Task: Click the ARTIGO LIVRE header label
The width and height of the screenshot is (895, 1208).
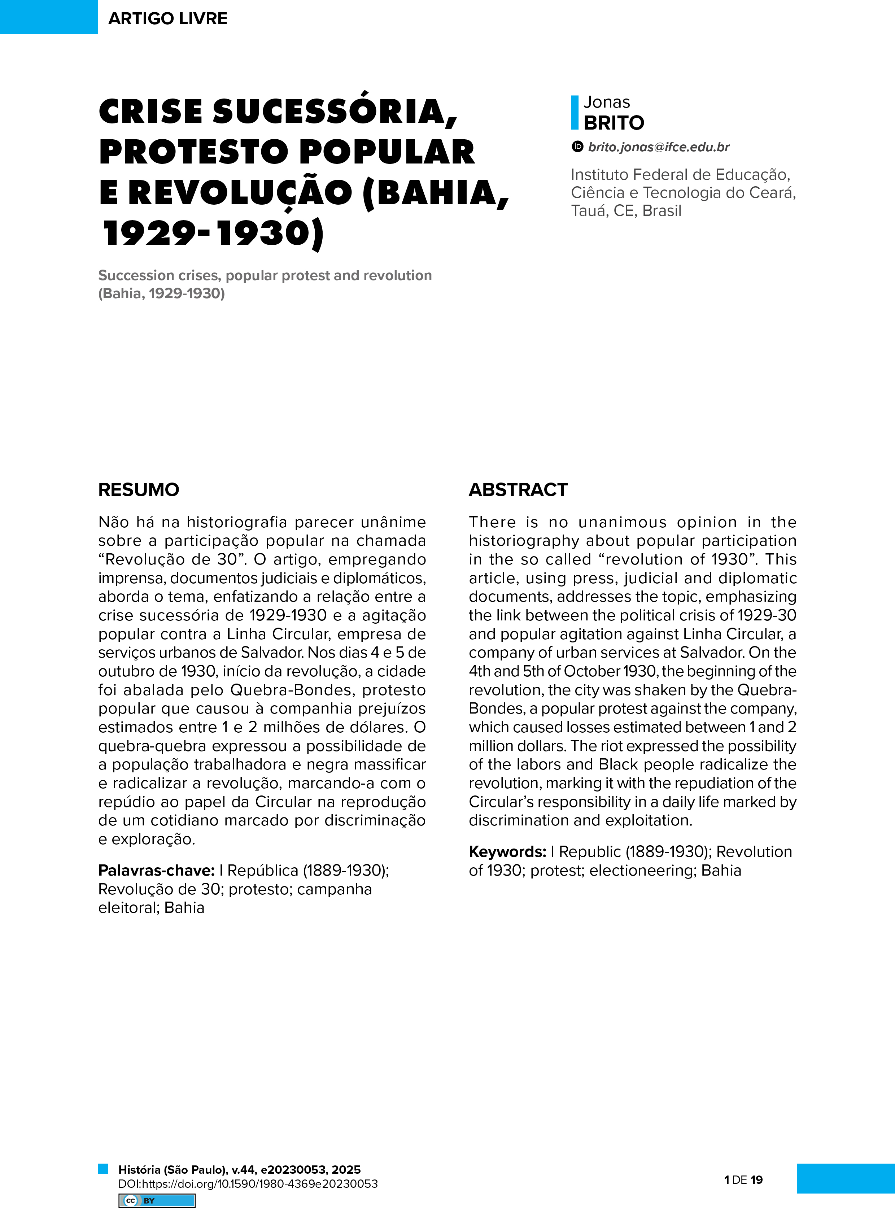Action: point(167,18)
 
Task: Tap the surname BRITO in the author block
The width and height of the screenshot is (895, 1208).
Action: point(614,123)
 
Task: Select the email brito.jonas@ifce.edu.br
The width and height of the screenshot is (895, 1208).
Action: point(659,147)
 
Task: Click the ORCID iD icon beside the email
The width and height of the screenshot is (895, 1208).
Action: point(577,146)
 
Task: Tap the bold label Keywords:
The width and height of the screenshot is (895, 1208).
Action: point(507,851)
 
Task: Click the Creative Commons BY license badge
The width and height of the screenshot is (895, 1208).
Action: point(157,1200)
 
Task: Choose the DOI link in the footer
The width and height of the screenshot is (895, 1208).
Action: point(248,1183)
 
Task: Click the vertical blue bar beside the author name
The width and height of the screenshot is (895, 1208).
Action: point(574,113)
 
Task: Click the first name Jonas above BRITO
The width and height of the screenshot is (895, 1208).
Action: point(607,102)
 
